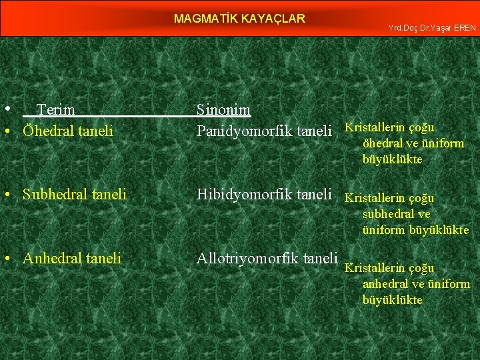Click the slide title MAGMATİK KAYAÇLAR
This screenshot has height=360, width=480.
click(x=239, y=19)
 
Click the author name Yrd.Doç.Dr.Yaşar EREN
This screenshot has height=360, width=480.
click(x=431, y=28)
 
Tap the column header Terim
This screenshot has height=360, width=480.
click(x=55, y=109)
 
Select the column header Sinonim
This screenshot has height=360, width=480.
click(x=223, y=109)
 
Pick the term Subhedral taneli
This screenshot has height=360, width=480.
click(x=74, y=195)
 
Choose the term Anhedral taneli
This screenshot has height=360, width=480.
click(x=71, y=258)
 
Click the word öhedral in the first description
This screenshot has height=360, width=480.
click(x=381, y=143)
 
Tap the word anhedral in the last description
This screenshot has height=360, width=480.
click(x=385, y=284)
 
